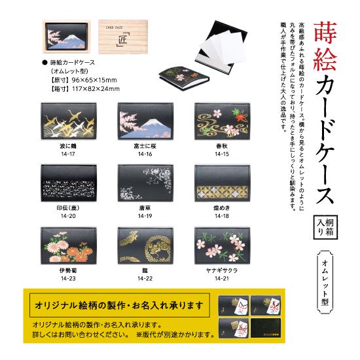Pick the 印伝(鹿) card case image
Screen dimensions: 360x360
65,185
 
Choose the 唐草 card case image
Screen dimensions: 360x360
141,185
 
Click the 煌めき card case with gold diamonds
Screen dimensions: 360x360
218,185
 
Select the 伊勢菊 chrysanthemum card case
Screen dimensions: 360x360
65,247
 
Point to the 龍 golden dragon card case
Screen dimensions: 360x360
141,247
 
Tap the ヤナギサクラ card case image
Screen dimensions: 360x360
218,247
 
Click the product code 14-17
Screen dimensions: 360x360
65,153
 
